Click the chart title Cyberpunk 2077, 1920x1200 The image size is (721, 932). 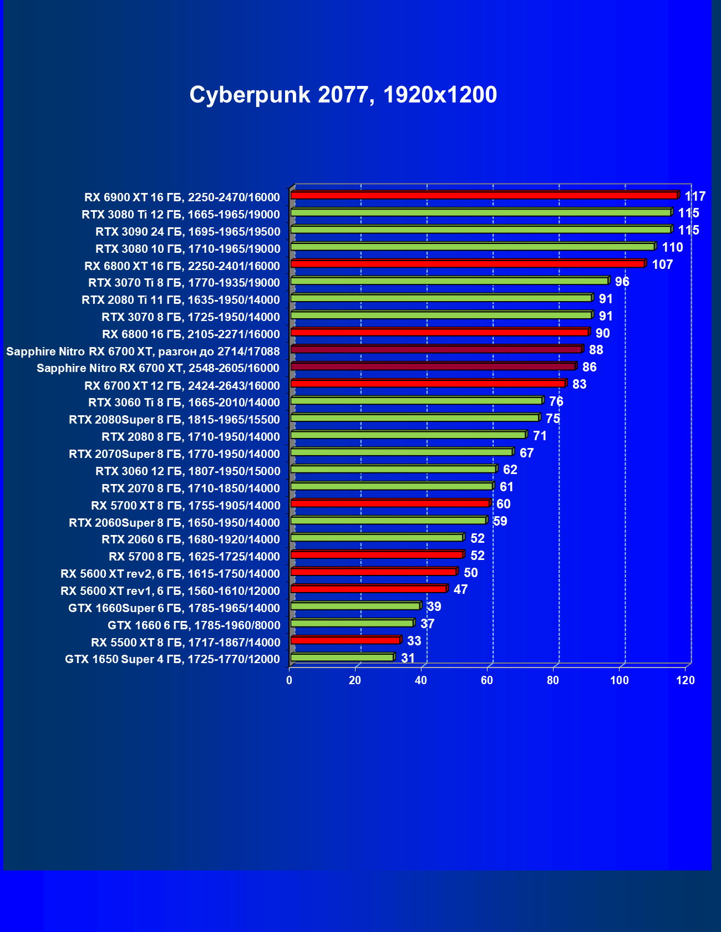[x=343, y=95]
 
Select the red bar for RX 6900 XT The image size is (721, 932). [x=484, y=195]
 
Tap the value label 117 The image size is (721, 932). [x=695, y=196]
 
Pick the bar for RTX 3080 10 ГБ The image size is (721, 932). [x=473, y=247]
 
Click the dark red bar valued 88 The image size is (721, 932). [x=436, y=349]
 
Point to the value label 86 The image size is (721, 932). [x=589, y=367]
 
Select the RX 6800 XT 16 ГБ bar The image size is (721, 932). [x=468, y=264]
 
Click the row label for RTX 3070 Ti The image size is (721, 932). [x=184, y=283]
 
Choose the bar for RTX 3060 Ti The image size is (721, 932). [x=416, y=401]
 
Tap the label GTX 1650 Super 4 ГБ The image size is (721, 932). [x=172, y=659]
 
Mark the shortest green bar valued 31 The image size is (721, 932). [x=342, y=658]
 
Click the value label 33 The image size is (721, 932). [x=414, y=641]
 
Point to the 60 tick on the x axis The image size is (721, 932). [x=487, y=680]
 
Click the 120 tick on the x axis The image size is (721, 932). [x=686, y=680]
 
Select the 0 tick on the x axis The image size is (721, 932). [x=289, y=680]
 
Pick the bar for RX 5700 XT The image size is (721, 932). [x=390, y=503]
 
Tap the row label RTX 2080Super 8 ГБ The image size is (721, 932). [x=174, y=420]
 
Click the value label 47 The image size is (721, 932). [x=460, y=589]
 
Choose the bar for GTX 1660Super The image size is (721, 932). [x=355, y=606]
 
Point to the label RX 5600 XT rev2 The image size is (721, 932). [x=170, y=574]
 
